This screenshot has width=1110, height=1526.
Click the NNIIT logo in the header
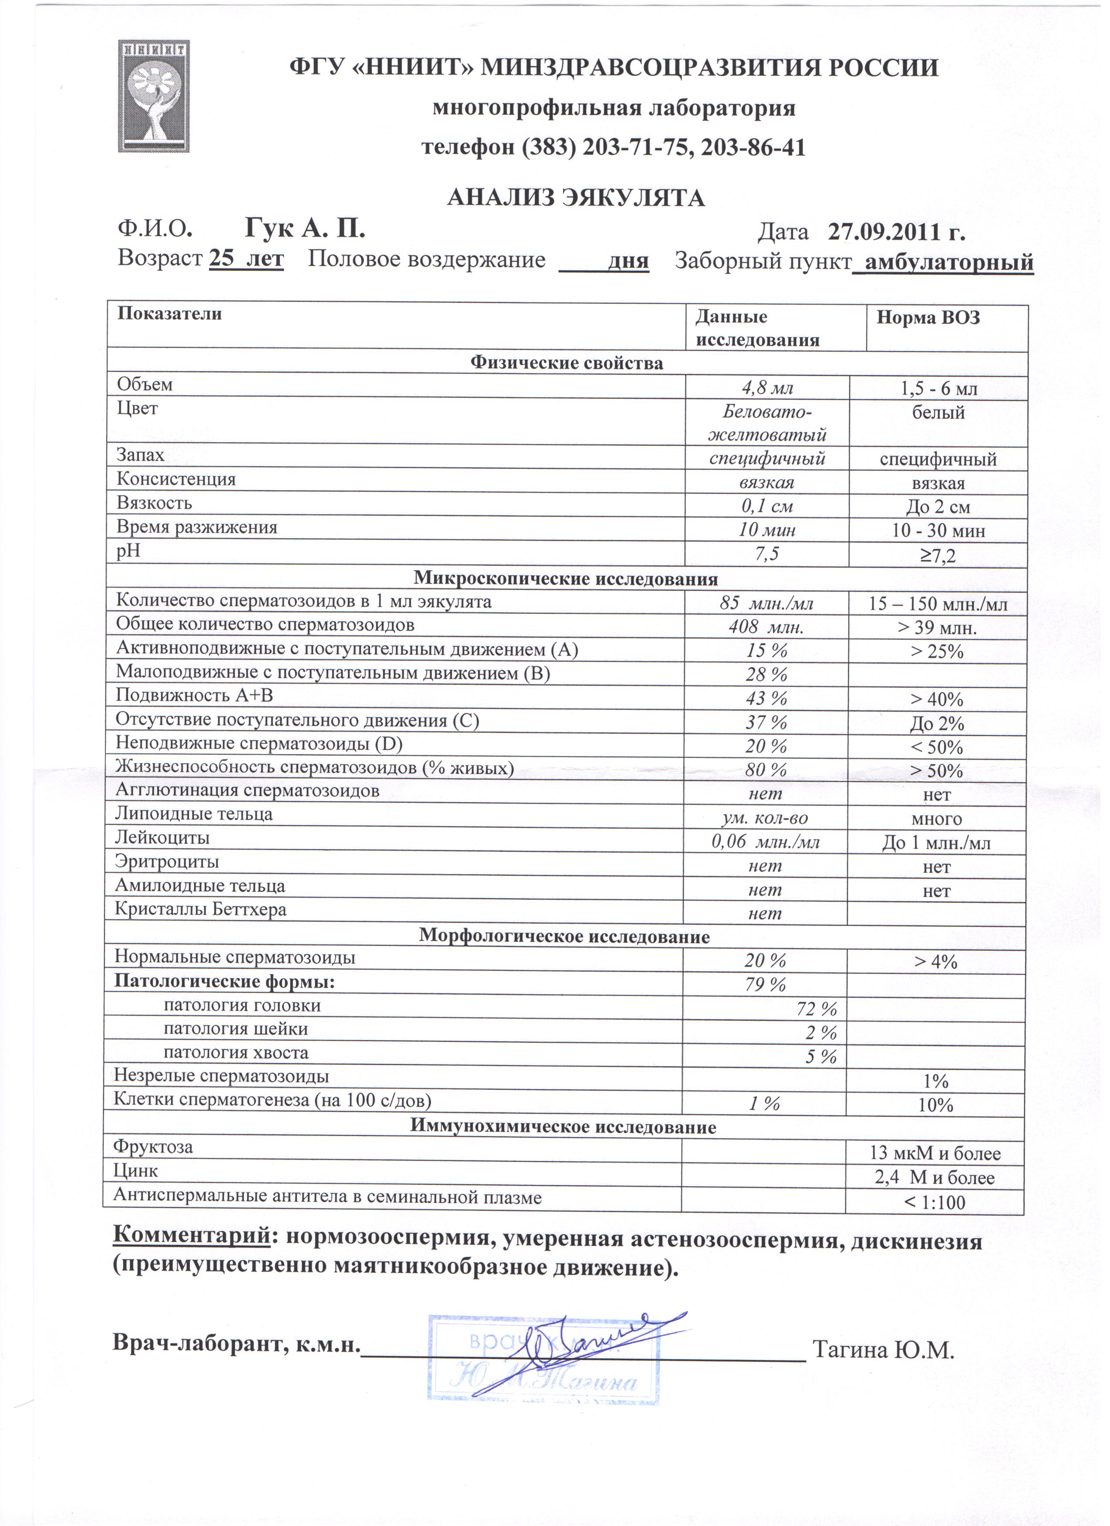[x=154, y=96]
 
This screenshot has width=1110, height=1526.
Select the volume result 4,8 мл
[x=767, y=388]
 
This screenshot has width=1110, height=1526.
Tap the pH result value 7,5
[x=767, y=554]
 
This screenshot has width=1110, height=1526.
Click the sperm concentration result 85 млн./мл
[x=766, y=603]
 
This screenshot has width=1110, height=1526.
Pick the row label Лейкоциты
[x=162, y=838]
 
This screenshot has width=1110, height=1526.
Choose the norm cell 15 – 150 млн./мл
[x=938, y=604]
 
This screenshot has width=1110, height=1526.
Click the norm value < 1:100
[x=935, y=1202]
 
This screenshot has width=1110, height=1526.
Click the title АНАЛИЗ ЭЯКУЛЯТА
[x=576, y=198]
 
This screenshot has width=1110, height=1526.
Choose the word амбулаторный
[x=949, y=262]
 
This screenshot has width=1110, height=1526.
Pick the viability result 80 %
[x=766, y=770]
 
